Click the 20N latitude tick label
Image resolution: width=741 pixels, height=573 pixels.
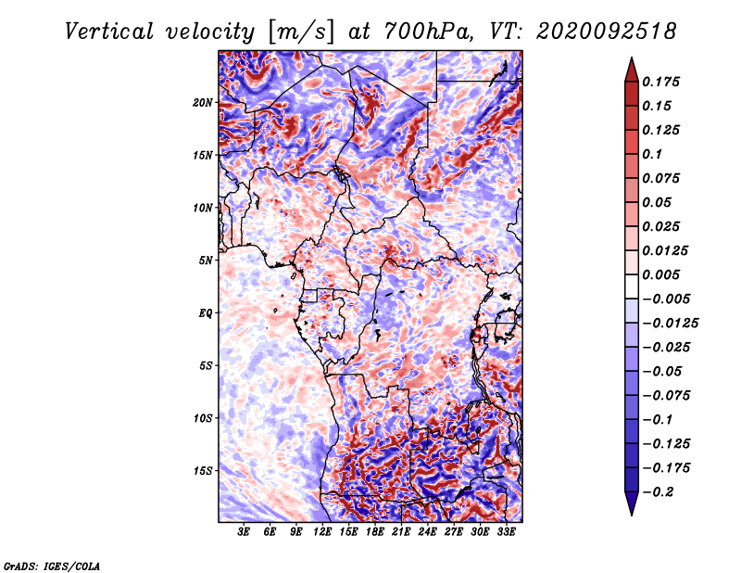pyautogui.click(x=203, y=103)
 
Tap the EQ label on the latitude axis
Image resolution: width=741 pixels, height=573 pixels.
pyautogui.click(x=206, y=313)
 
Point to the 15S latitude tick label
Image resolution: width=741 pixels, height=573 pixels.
pyautogui.click(x=203, y=471)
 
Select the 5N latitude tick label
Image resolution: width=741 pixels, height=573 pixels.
pyautogui.click(x=206, y=261)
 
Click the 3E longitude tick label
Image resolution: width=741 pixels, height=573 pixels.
pyautogui.click(x=244, y=532)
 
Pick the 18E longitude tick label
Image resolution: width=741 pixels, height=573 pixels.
pyautogui.click(x=375, y=532)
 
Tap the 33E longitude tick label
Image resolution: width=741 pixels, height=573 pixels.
pyautogui.click(x=506, y=532)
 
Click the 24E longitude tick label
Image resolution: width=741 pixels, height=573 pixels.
pyautogui.click(x=427, y=532)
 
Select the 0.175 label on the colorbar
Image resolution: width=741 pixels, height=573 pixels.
pyautogui.click(x=660, y=82)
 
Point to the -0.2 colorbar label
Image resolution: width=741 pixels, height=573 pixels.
pyautogui.click(x=658, y=492)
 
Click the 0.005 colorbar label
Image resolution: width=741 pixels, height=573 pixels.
pyautogui.click(x=660, y=274)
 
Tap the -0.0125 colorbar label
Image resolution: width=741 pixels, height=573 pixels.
pyautogui.click(x=670, y=324)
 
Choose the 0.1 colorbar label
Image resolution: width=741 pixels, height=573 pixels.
pyautogui.click(x=652, y=154)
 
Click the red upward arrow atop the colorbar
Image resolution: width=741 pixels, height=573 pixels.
pyautogui.click(x=632, y=70)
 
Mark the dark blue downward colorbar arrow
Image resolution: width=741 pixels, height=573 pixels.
pyautogui.click(x=632, y=503)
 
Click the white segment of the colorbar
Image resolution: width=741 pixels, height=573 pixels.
pyautogui.click(x=632, y=286)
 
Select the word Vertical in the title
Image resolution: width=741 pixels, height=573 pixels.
pyautogui.click(x=108, y=32)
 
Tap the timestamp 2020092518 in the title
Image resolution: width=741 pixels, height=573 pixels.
pyautogui.click(x=607, y=32)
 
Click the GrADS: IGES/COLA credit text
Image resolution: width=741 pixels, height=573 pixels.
pyautogui.click(x=52, y=567)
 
